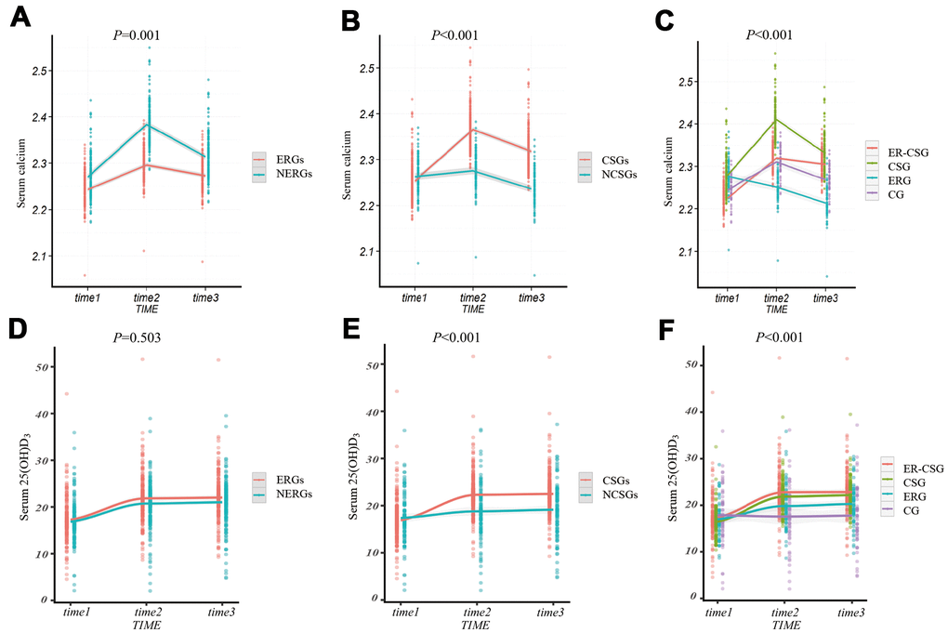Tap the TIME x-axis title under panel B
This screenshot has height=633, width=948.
[474, 308]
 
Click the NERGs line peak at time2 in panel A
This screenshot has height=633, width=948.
[146, 124]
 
